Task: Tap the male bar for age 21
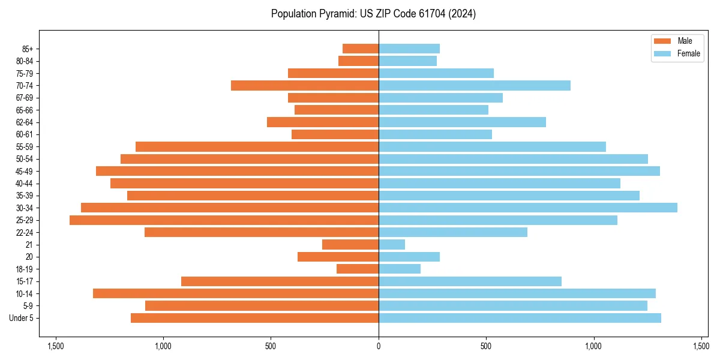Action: tap(350, 244)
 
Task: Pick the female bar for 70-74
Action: tap(475, 85)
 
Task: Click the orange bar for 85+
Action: tap(361, 49)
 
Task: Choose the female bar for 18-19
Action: tap(400, 269)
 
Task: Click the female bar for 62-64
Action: tap(462, 122)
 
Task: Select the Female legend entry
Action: tap(677, 53)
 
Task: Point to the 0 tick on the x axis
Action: tap(379, 346)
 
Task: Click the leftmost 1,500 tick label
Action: tap(55, 346)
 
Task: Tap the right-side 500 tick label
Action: tap(486, 346)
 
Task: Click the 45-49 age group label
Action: tap(24, 171)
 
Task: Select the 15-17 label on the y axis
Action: tap(24, 281)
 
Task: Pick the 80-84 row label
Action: tap(24, 61)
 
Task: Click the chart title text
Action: tap(373, 14)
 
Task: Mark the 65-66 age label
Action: tap(24, 110)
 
